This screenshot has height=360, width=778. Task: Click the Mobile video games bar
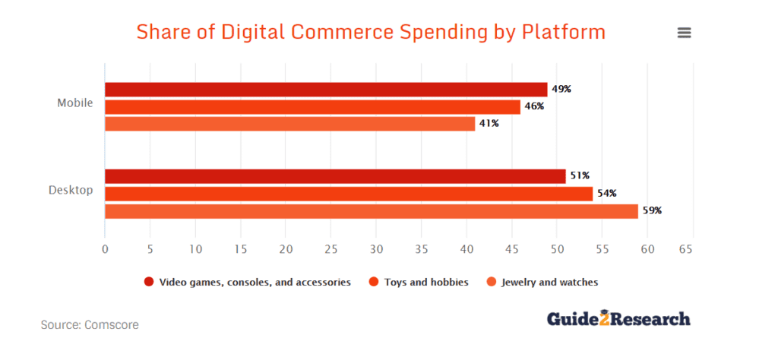326,89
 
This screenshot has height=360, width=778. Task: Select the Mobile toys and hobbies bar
312,106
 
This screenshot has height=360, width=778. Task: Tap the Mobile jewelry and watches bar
289,123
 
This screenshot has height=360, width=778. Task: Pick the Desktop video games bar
335,176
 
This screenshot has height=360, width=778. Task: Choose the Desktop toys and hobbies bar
349,194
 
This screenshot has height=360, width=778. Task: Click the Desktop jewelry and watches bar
371,211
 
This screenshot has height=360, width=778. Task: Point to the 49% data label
561,89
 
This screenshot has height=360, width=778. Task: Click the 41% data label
489,123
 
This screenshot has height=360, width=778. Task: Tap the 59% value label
652,211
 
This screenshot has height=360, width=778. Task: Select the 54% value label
606,194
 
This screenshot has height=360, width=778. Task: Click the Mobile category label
75,103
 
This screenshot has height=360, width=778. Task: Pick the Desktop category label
71,190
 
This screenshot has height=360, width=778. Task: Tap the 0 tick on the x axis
105,248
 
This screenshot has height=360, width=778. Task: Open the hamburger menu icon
684,33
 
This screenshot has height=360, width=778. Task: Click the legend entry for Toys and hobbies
420,282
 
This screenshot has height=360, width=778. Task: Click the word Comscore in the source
113,324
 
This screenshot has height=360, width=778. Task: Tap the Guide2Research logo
618,319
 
